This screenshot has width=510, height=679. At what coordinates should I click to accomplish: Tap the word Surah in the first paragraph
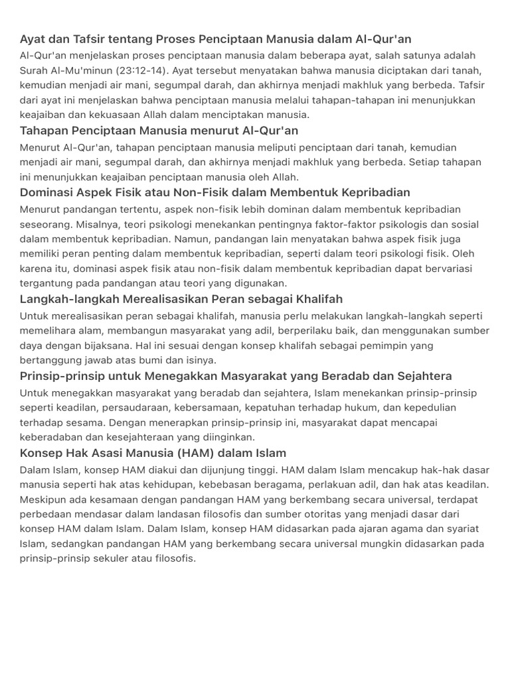36,70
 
